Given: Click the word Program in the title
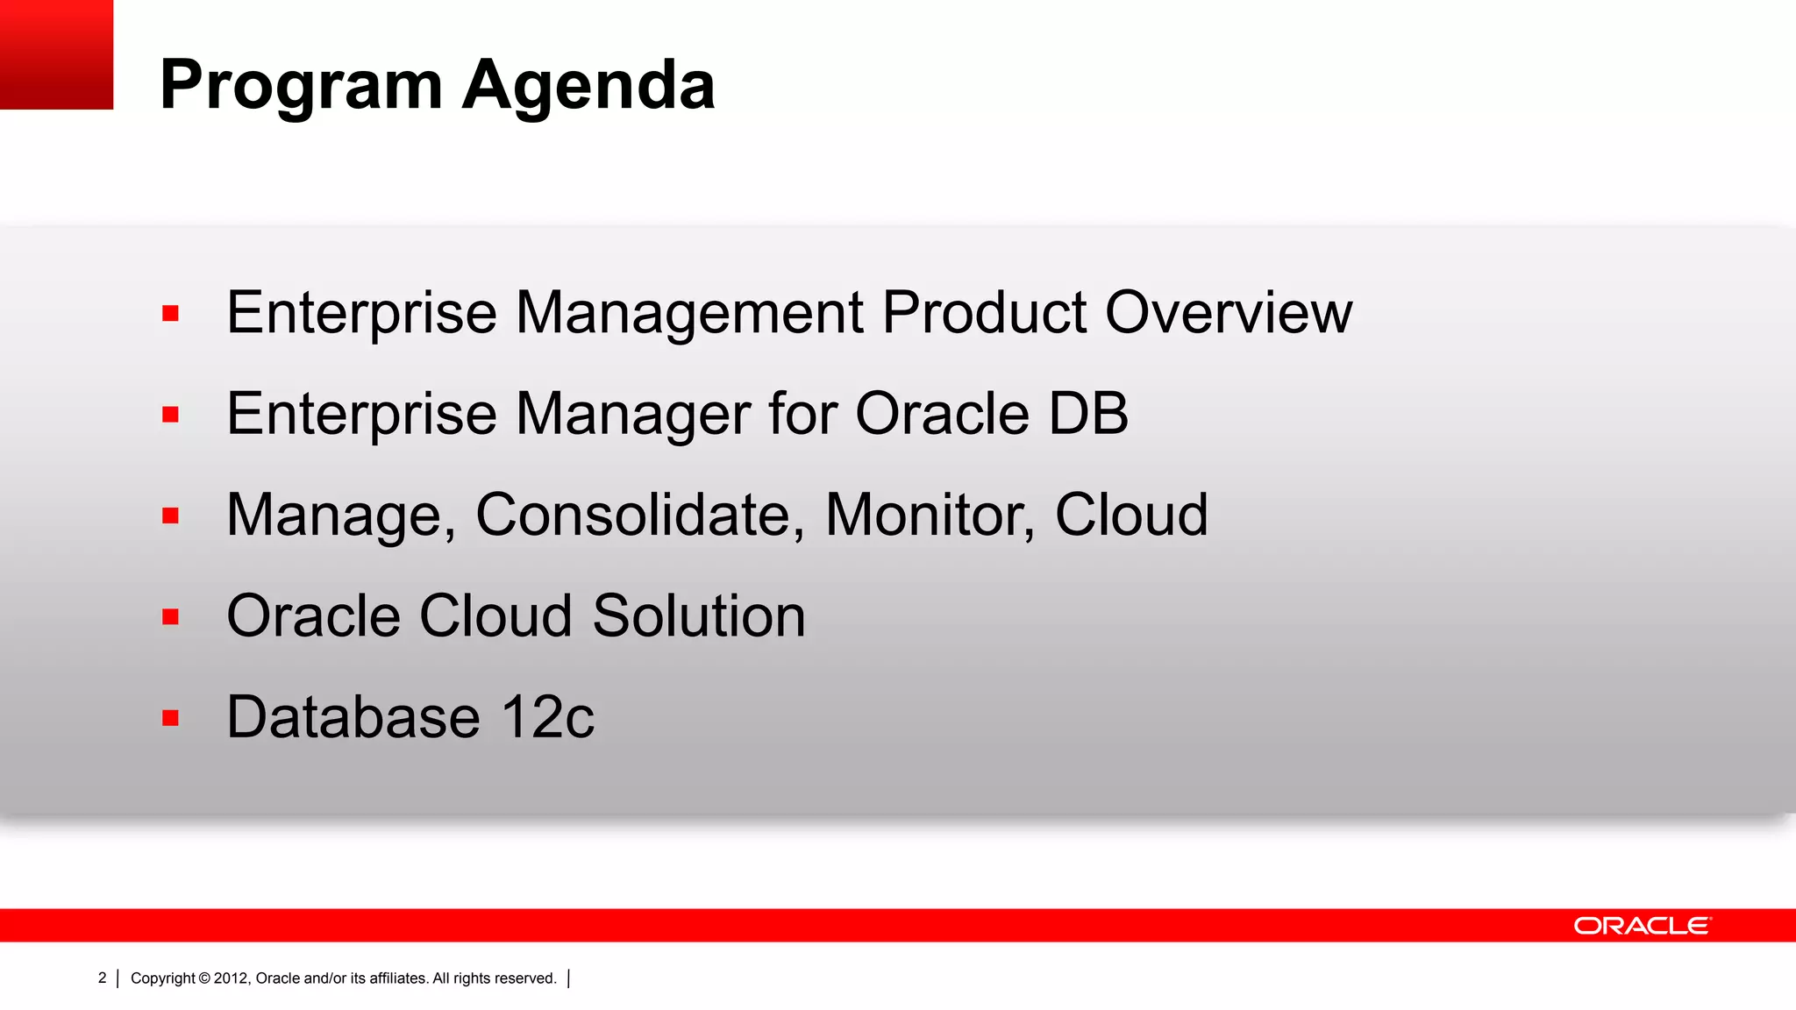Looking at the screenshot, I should click(x=301, y=86).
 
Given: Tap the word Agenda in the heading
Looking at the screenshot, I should click(x=588, y=86).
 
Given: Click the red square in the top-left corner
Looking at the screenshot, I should click(x=56, y=54).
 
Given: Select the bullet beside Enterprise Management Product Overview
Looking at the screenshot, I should click(x=170, y=313).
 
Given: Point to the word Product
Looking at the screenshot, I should click(x=984, y=312).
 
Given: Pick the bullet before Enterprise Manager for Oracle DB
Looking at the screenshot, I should click(x=170, y=414).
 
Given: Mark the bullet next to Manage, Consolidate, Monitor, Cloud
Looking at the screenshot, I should click(x=170, y=516).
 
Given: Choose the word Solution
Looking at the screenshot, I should click(x=699, y=615).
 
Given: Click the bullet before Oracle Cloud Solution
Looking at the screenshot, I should click(x=170, y=616).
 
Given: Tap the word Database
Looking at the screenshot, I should click(x=353, y=717).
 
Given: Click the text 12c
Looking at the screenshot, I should click(x=547, y=717).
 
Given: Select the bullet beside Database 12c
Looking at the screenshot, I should click(x=170, y=718).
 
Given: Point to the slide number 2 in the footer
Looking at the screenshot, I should click(x=102, y=978).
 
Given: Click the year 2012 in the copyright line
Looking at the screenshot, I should click(x=231, y=978).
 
